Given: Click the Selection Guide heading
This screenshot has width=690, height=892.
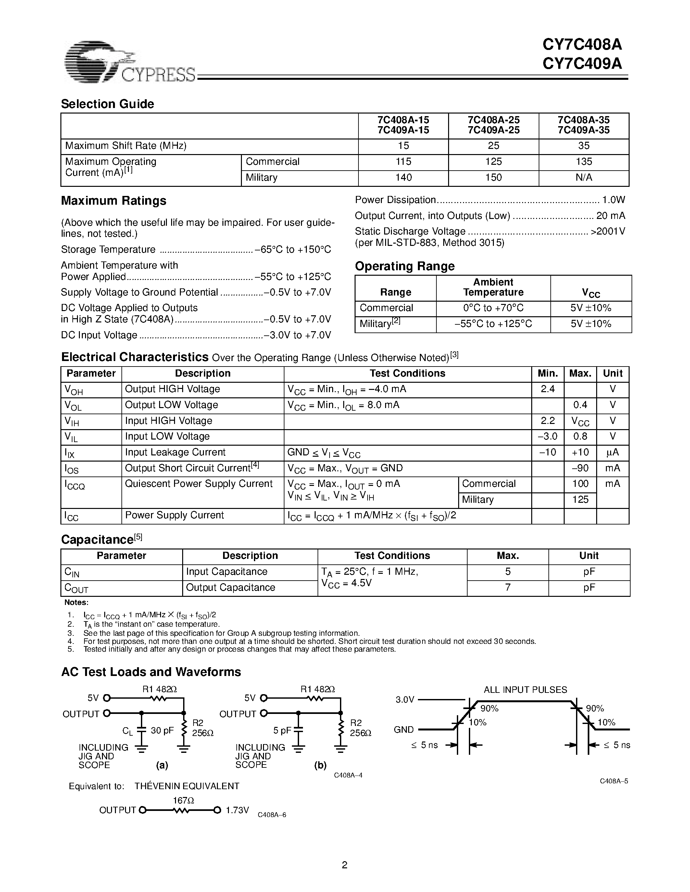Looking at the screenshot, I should [107, 104].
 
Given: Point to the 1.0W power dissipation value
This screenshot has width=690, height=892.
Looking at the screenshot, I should [614, 200].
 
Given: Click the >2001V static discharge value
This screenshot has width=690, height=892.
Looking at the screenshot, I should [608, 232].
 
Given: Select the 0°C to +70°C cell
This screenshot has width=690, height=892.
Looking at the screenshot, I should [493, 308].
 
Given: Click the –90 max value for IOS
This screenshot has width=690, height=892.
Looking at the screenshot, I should [580, 468].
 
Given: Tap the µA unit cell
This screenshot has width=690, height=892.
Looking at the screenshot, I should [612, 452].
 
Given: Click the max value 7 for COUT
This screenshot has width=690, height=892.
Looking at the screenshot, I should [508, 587].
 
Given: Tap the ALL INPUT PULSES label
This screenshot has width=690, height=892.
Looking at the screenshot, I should [525, 690].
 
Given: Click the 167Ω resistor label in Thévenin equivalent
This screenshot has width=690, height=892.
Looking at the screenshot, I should [183, 801].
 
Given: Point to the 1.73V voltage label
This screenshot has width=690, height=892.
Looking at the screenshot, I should [237, 810].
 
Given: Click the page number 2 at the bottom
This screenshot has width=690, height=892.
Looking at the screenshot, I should [345, 865].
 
